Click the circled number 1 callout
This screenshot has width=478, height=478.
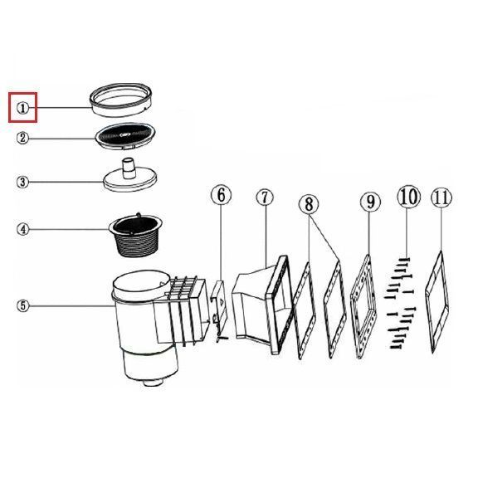(x=22, y=108)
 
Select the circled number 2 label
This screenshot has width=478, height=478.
(x=22, y=138)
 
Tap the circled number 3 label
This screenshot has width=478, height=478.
(x=22, y=183)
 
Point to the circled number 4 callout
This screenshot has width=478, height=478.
(x=23, y=229)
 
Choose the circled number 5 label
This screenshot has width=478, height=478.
(x=23, y=305)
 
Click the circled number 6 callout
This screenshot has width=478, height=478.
(x=222, y=195)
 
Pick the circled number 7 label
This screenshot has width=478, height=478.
(x=265, y=198)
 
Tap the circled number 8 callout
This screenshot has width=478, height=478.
(x=309, y=204)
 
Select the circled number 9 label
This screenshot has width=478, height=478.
(x=370, y=202)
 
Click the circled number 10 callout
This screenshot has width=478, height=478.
(x=409, y=197)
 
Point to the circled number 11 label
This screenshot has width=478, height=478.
(x=441, y=198)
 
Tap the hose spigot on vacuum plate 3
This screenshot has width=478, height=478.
(x=129, y=168)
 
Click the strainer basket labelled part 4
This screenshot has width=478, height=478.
(x=136, y=235)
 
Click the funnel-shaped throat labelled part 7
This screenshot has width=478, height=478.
(x=261, y=305)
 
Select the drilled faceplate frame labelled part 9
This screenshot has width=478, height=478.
(x=364, y=307)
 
